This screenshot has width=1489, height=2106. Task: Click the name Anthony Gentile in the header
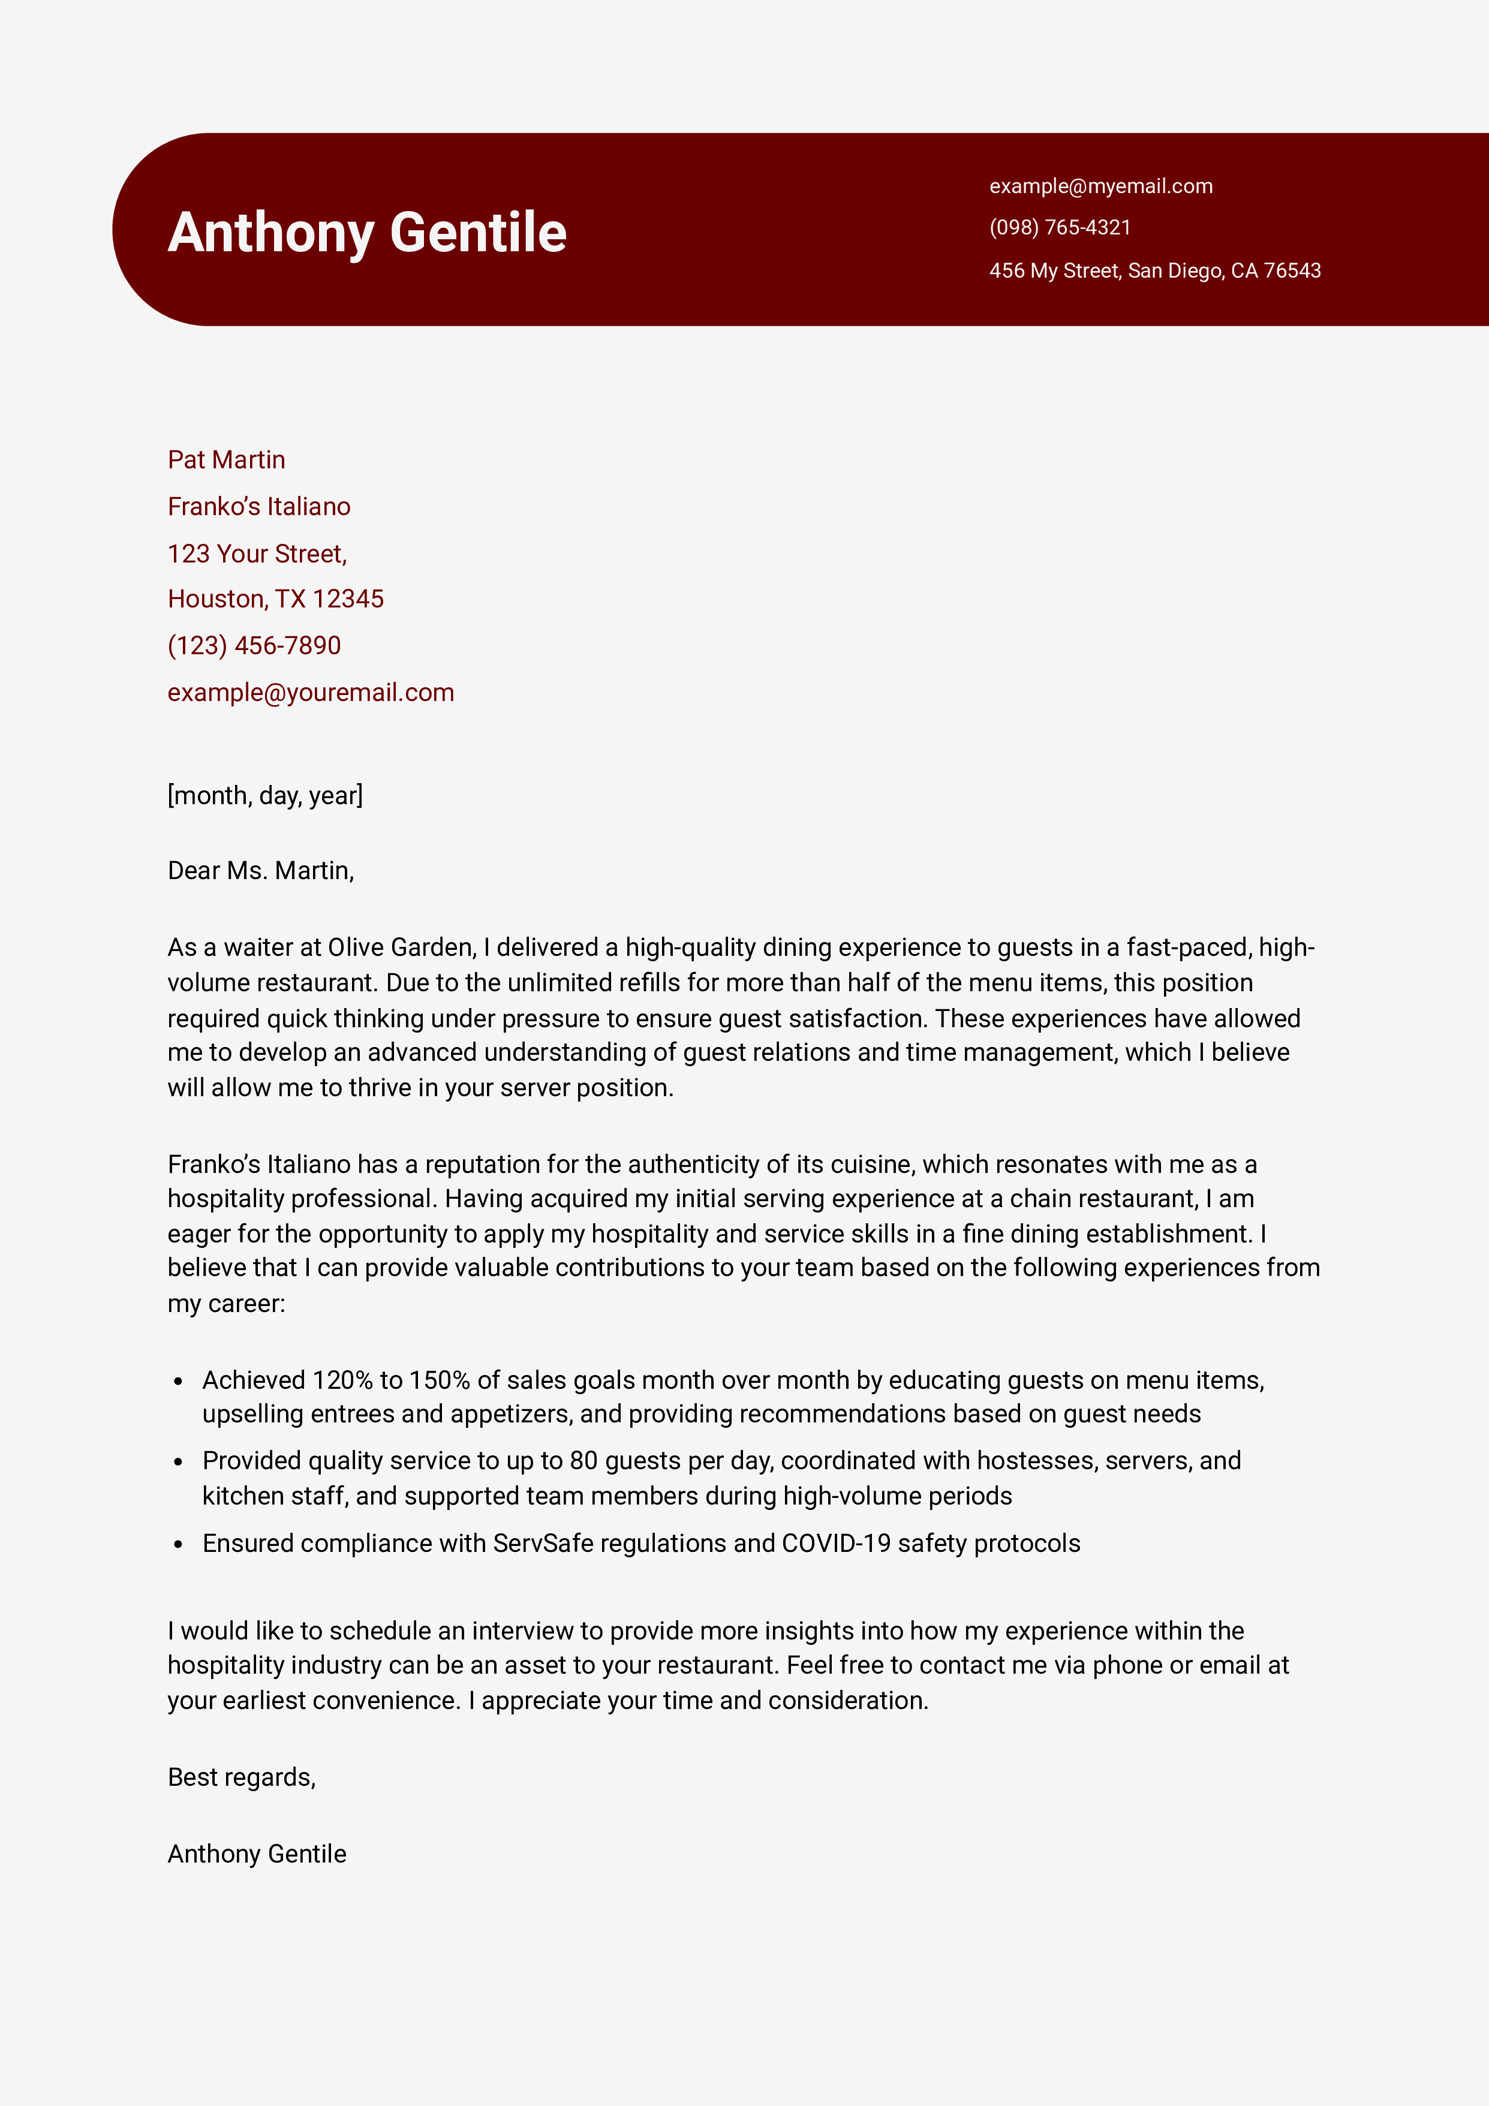click(x=367, y=232)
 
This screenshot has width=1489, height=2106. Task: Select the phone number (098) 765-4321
click(x=1060, y=227)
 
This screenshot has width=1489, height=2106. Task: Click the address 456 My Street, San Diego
click(x=1154, y=270)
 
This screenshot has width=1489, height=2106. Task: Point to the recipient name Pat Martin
click(x=225, y=459)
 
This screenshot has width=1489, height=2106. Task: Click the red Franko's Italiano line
click(x=258, y=506)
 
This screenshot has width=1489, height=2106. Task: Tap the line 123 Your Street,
click(x=257, y=554)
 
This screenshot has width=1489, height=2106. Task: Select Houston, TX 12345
click(x=275, y=599)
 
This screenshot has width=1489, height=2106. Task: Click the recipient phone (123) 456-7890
click(x=254, y=646)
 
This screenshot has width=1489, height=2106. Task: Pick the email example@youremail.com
click(x=310, y=693)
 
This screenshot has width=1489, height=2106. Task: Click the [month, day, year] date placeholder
click(x=264, y=795)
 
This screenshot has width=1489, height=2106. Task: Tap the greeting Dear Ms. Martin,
click(x=260, y=871)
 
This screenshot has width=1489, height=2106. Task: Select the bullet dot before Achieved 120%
click(x=179, y=1382)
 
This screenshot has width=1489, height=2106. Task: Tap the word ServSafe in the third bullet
click(x=543, y=1544)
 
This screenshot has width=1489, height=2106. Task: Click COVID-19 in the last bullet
click(x=836, y=1544)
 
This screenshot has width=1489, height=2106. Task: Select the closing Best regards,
click(x=241, y=1777)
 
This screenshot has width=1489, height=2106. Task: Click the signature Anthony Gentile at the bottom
click(x=257, y=1854)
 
